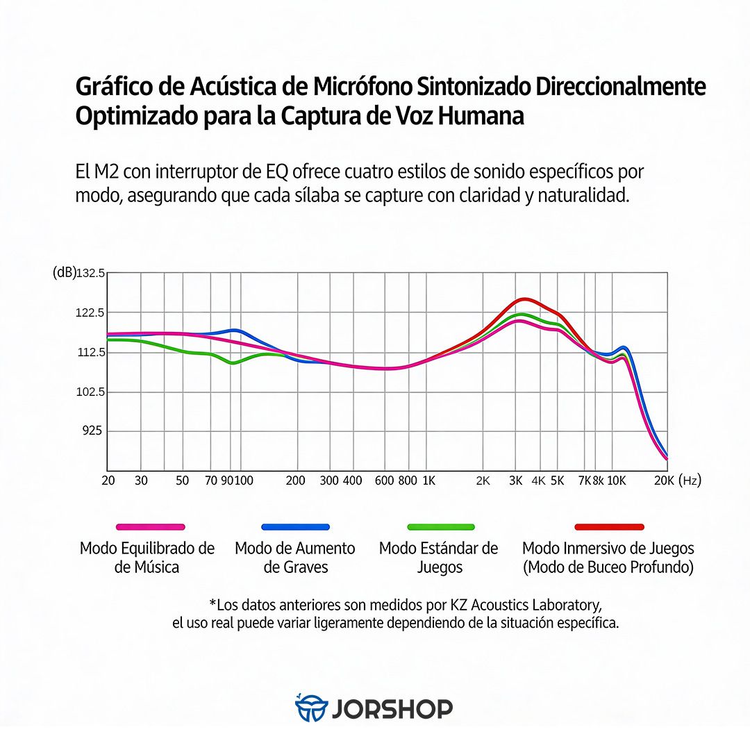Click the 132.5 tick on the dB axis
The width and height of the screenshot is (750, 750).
[x=91, y=273]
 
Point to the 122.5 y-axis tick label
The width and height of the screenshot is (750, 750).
[x=91, y=312]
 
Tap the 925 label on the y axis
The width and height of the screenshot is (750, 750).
[x=93, y=431]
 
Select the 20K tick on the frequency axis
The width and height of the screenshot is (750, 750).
[x=665, y=481]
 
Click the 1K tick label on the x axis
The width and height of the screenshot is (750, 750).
[x=428, y=481]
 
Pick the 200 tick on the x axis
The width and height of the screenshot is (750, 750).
[x=296, y=481]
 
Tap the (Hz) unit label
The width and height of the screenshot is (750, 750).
[x=689, y=481]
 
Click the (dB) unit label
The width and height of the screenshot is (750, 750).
[x=65, y=273]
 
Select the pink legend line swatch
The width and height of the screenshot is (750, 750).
[x=150, y=527]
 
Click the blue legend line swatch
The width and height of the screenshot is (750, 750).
[x=295, y=527]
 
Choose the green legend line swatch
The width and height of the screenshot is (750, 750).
[x=440, y=527]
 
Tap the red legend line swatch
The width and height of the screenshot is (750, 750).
[x=609, y=527]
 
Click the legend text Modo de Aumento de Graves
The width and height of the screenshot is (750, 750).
[x=295, y=558]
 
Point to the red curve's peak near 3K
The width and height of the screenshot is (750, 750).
[x=525, y=299]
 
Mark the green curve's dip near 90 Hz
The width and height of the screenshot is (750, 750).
[x=233, y=362]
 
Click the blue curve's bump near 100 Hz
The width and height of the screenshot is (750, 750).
[x=235, y=330]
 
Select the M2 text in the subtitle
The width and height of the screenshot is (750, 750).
[x=105, y=172]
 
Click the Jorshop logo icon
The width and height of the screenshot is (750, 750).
[x=310, y=708]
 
